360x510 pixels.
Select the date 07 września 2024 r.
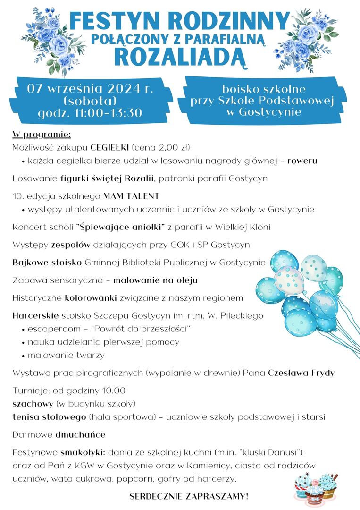click(x=91, y=89)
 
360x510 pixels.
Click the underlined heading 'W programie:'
click(x=42, y=135)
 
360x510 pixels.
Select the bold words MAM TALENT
click(x=131, y=195)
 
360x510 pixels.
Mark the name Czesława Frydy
click(x=301, y=373)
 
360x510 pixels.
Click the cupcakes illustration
click(x=316, y=486)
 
